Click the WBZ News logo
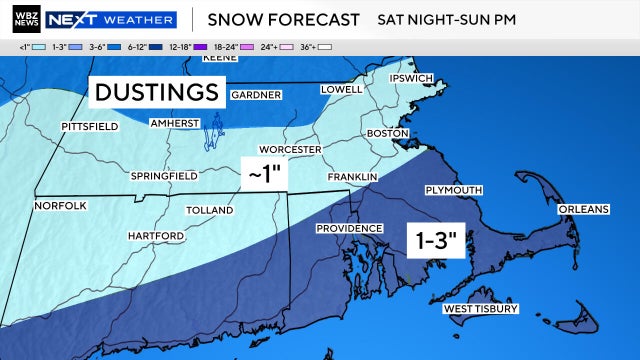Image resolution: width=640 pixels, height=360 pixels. tap(22, 19)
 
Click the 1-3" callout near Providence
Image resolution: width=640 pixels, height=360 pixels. tap(437, 240)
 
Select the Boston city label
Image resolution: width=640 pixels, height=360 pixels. tap(389, 133)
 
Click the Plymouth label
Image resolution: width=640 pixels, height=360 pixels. tap(454, 190)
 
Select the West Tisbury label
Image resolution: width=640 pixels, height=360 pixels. tap(480, 309)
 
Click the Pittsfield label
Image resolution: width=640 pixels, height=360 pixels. tap(89, 127)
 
